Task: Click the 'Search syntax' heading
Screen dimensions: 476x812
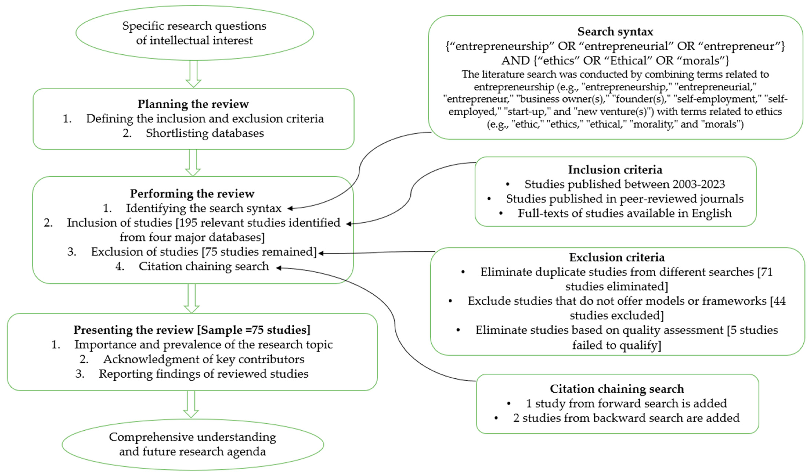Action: pos(615,32)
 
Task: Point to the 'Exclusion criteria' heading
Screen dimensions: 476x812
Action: pos(616,257)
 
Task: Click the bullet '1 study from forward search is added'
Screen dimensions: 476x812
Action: pos(626,403)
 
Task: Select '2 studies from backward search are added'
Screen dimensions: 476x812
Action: pos(626,418)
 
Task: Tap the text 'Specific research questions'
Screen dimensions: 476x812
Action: pos(194,26)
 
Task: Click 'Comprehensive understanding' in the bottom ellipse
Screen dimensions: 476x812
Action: pos(192,437)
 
